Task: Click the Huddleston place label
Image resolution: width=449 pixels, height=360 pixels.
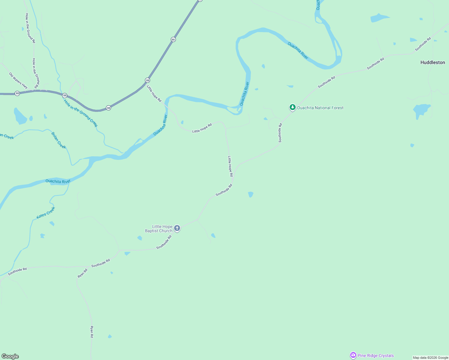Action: (432, 62)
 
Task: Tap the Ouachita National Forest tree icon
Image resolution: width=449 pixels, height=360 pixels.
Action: (292, 107)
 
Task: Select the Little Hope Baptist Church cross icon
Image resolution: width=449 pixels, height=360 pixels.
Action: (177, 228)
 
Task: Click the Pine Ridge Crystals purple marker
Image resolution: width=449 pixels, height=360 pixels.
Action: (353, 355)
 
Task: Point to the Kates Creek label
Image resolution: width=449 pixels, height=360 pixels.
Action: (46, 213)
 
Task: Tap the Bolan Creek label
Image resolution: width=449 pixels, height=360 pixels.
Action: (59, 140)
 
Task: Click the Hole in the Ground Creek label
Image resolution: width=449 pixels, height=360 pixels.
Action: (80, 113)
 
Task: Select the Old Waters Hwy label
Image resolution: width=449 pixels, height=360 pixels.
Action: (18, 80)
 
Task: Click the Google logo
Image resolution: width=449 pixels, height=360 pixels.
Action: (10, 356)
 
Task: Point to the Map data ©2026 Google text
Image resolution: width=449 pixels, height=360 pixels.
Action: (430, 358)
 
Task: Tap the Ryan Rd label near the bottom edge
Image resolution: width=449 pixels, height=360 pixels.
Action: (92, 332)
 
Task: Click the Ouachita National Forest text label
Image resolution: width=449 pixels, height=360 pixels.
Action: (320, 108)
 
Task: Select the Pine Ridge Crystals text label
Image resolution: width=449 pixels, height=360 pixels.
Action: (375, 355)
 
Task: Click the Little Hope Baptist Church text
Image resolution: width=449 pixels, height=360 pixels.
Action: (159, 229)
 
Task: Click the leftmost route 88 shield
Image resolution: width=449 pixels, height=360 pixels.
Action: (17, 93)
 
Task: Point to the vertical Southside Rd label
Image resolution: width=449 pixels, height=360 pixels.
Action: (280, 133)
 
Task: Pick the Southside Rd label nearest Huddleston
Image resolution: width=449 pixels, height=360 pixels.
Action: (423, 44)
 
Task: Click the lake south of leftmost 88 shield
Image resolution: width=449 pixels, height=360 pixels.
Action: (20, 116)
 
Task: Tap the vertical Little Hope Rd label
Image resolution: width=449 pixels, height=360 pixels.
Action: (230, 166)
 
